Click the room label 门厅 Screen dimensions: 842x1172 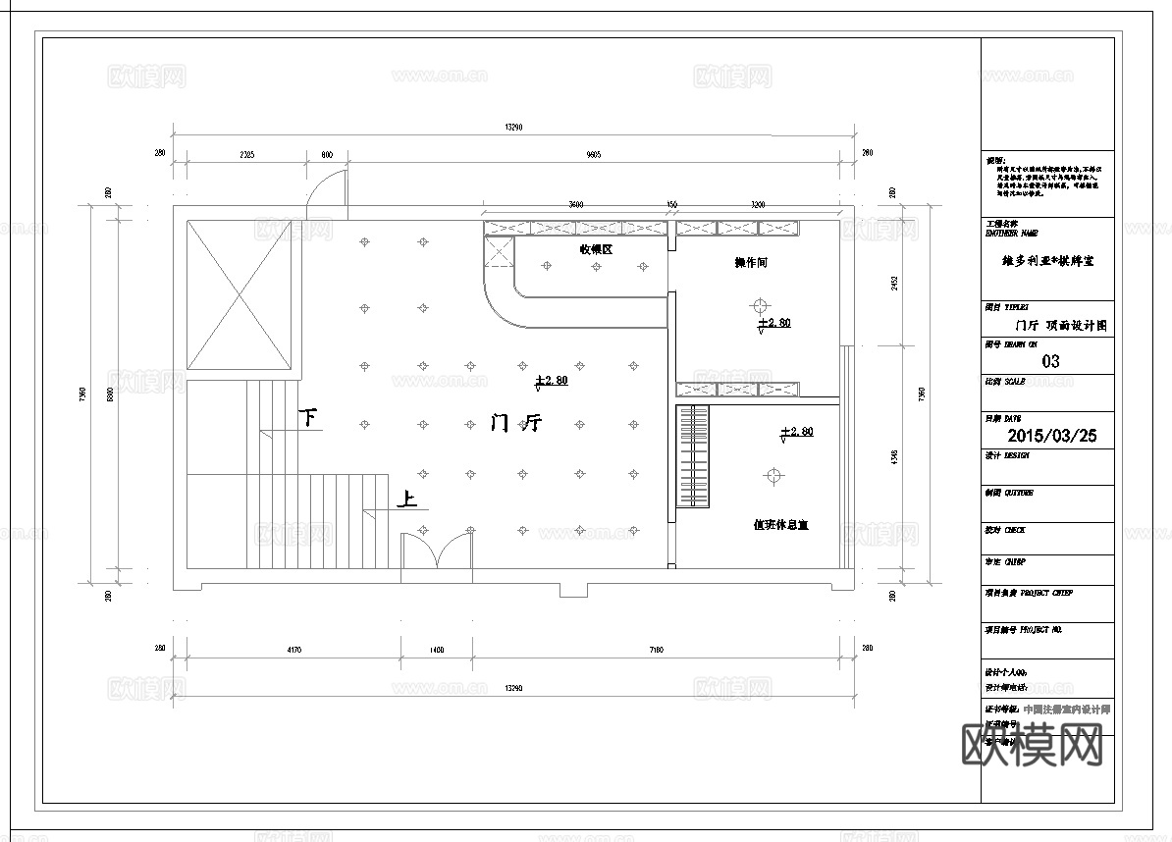click(x=516, y=424)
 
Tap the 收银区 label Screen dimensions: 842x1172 click(x=596, y=250)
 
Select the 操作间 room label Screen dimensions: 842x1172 click(x=751, y=263)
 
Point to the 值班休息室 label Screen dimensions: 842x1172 click(x=780, y=525)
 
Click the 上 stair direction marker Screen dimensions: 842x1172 click(x=406, y=500)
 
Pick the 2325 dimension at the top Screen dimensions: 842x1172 click(x=245, y=154)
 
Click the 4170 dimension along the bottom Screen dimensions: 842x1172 click(x=293, y=650)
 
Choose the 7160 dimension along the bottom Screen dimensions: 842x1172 click(x=658, y=650)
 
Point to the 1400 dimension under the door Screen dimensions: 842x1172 click(x=437, y=650)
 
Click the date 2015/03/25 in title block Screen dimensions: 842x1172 click(x=1051, y=436)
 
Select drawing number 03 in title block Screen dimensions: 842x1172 click(x=1050, y=361)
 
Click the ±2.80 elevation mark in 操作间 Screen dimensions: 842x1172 click(x=773, y=323)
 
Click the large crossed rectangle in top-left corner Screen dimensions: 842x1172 click(x=240, y=295)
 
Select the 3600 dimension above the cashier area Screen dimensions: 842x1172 click(x=576, y=205)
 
